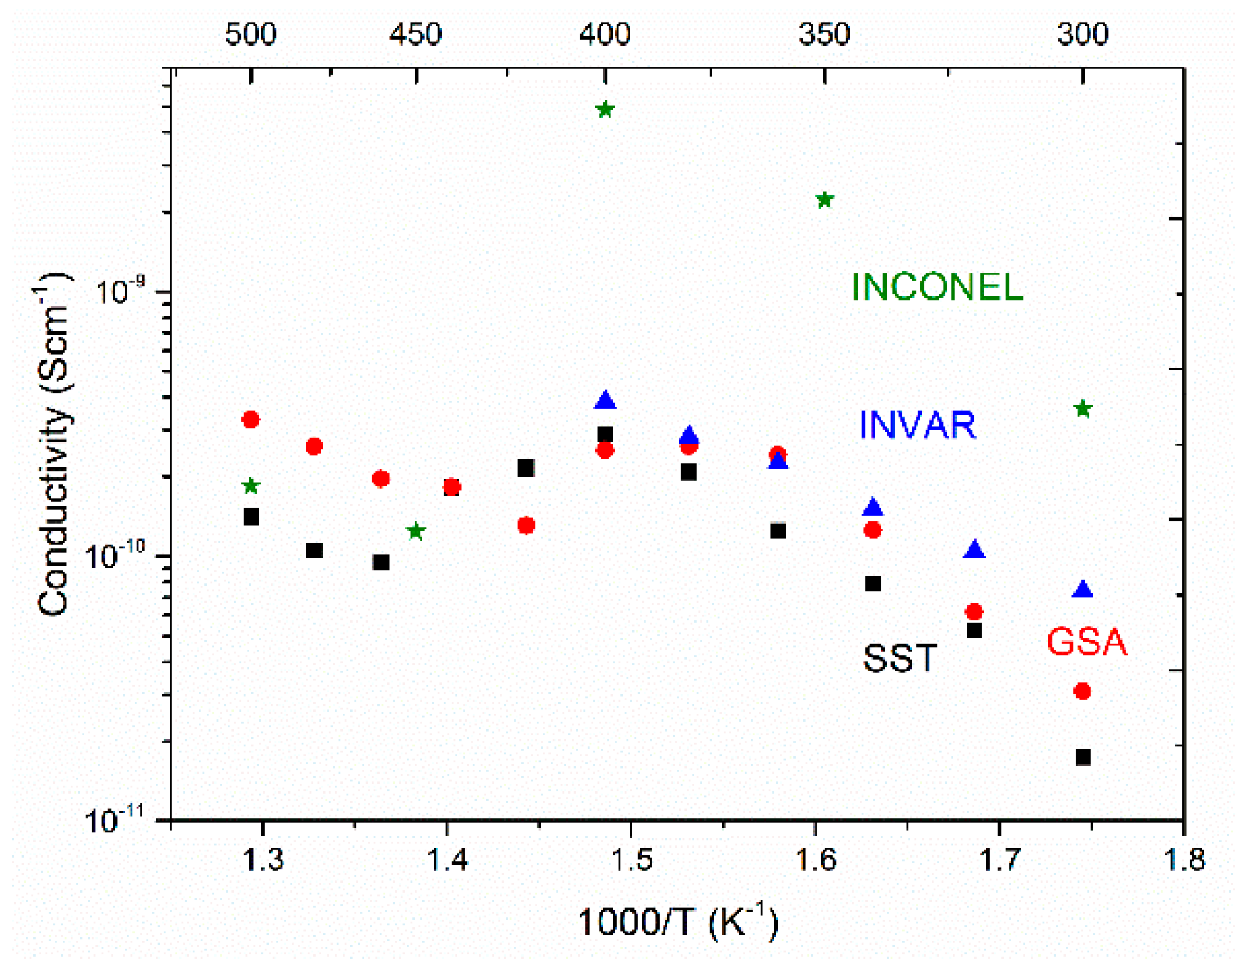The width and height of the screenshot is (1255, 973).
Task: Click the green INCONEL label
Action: [x=937, y=287]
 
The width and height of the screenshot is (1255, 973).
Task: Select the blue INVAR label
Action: [x=917, y=425]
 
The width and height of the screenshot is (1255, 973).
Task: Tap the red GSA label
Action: [x=1086, y=642]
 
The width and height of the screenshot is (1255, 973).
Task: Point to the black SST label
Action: [x=900, y=659]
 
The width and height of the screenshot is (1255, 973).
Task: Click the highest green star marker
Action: [x=605, y=110]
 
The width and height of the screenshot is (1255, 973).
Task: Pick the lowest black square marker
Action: [x=1083, y=757]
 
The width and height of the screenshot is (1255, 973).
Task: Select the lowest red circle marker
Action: [x=1083, y=692]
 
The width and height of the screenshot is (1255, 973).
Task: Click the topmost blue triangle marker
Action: [x=605, y=401]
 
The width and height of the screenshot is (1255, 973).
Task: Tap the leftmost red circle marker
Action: [x=250, y=420]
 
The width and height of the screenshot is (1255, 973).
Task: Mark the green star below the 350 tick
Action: [x=825, y=200]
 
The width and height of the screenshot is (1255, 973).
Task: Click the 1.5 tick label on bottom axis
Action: [x=630, y=860]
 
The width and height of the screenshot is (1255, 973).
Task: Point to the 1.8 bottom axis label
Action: [x=1183, y=860]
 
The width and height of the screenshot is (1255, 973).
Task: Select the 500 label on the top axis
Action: [x=250, y=33]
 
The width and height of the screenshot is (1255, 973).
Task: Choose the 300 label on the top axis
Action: [x=1082, y=33]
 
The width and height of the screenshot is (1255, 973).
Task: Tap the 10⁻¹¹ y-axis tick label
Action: [x=114, y=820]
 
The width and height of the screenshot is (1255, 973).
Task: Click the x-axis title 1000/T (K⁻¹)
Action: [x=677, y=922]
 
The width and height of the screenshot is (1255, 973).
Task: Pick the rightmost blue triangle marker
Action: [x=1083, y=589]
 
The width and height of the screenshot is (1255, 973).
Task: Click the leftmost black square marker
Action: [x=251, y=517]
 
